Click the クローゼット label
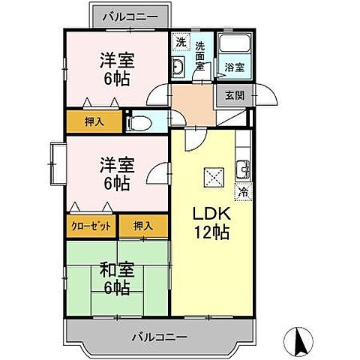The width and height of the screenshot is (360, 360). click(92, 226)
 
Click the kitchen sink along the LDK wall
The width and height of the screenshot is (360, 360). click(244, 167)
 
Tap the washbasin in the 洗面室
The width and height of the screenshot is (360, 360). click(179, 70)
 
